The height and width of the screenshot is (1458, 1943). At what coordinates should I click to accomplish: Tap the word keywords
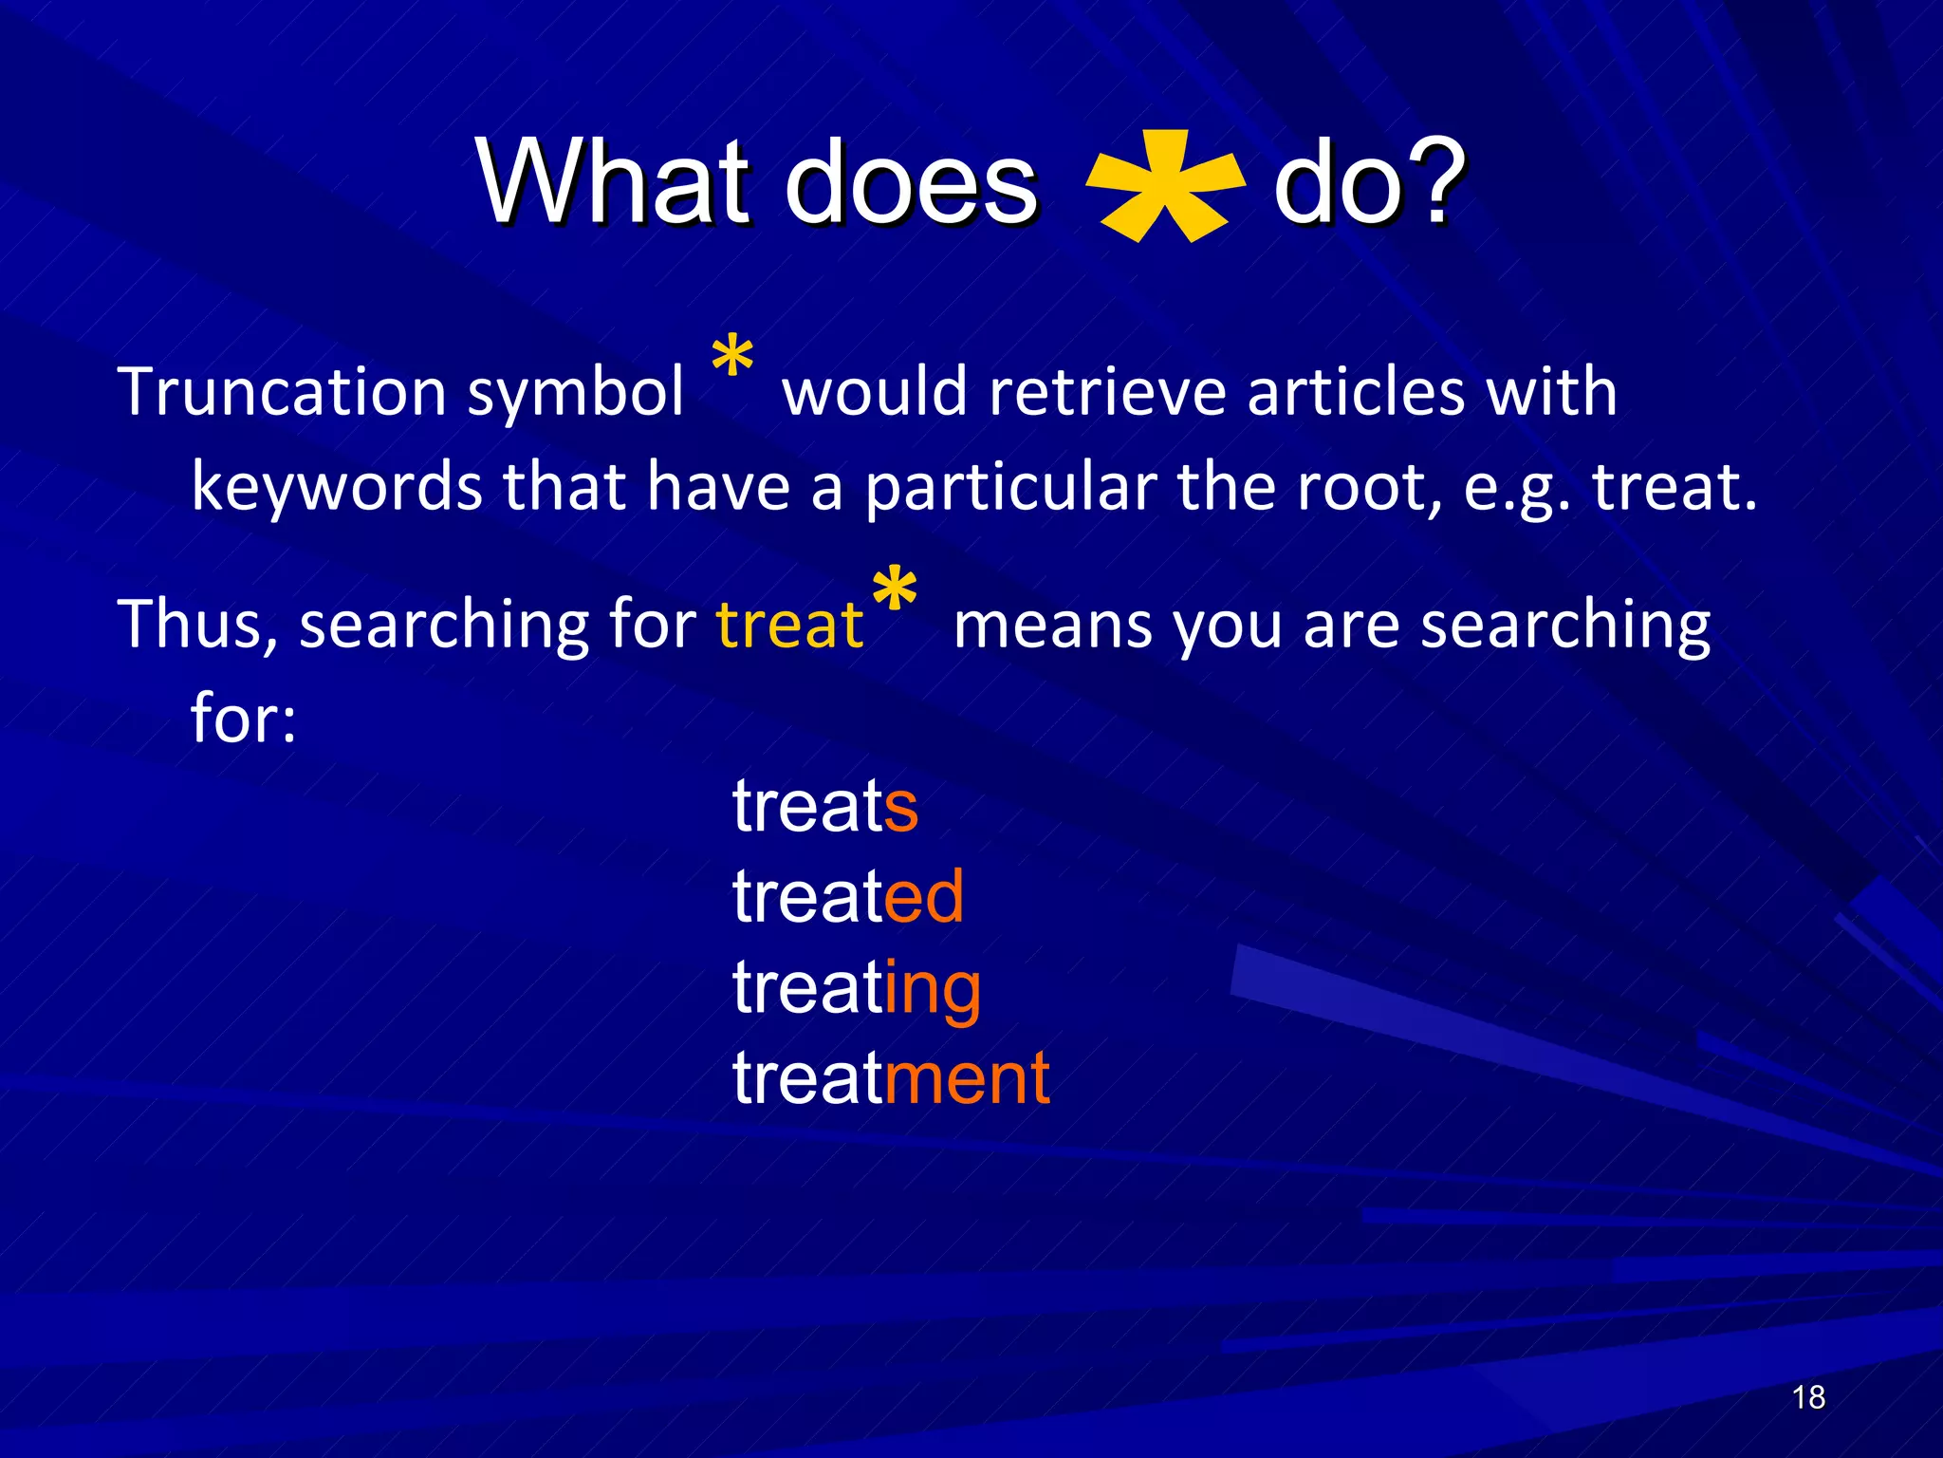(x=337, y=487)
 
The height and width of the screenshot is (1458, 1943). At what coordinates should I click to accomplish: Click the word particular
(x=1010, y=487)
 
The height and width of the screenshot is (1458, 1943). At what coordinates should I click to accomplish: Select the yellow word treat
(x=789, y=626)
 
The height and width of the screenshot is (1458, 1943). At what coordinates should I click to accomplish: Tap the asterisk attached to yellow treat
(x=894, y=593)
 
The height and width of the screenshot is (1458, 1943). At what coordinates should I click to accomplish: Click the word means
(x=1052, y=626)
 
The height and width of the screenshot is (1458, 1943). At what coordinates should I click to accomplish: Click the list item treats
(x=824, y=806)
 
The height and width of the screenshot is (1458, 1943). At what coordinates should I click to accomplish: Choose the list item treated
(x=847, y=896)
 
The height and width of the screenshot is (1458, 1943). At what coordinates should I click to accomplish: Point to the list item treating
(x=856, y=987)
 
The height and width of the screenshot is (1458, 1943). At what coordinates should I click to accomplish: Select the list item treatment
(x=890, y=1078)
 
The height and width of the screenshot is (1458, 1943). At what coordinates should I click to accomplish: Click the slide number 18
(x=1808, y=1397)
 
